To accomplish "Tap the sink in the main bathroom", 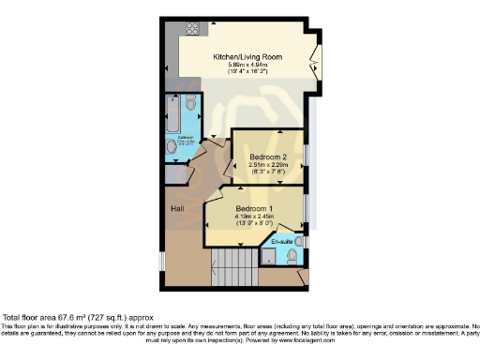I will pyautogui.click(x=172, y=146).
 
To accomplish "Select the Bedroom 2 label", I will pyautogui.click(x=267, y=156).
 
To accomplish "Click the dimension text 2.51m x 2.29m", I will pyautogui.click(x=267, y=164).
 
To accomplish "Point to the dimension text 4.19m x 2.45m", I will pyautogui.click(x=255, y=216).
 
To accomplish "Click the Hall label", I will pyautogui.click(x=176, y=208).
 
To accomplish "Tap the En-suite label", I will pyautogui.click(x=282, y=243).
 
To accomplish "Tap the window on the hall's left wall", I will pyautogui.click(x=160, y=258).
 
